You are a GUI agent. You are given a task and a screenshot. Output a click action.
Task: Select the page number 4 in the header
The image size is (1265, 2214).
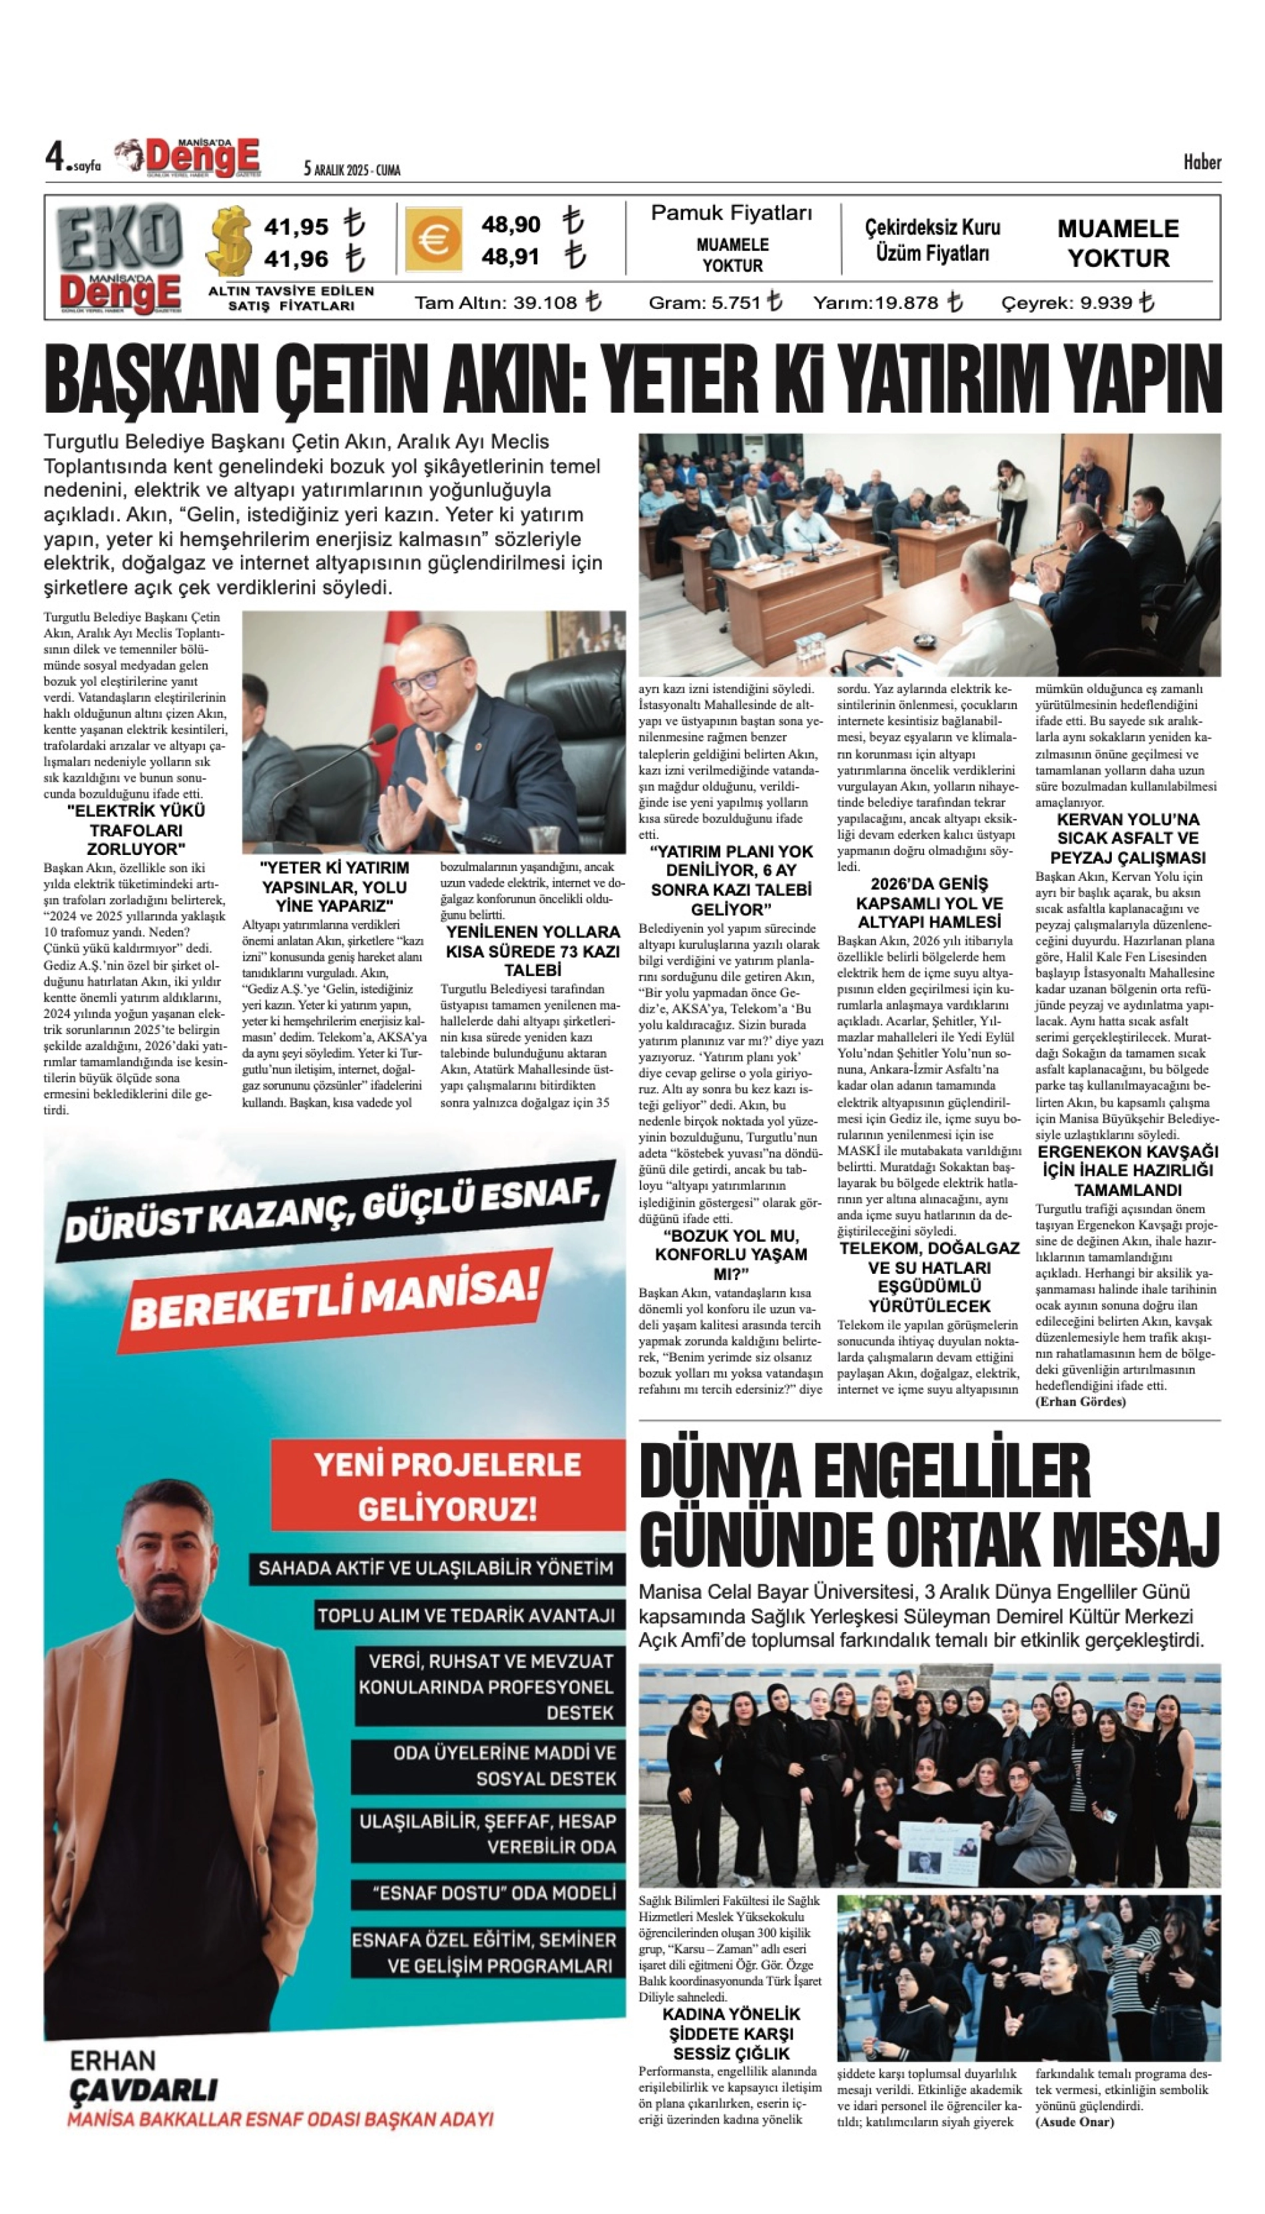coord(56,157)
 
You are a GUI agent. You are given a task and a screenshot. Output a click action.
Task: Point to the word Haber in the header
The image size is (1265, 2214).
coord(1202,162)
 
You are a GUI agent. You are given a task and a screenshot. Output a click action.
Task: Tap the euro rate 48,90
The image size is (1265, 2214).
coord(511,224)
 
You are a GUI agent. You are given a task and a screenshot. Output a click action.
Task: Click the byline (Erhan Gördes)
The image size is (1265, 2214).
coord(1080,1402)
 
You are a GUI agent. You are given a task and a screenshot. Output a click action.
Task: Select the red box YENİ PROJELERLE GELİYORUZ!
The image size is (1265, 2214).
coord(447,1485)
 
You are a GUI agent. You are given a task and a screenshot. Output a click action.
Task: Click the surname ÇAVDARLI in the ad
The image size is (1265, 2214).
coord(143,2089)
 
